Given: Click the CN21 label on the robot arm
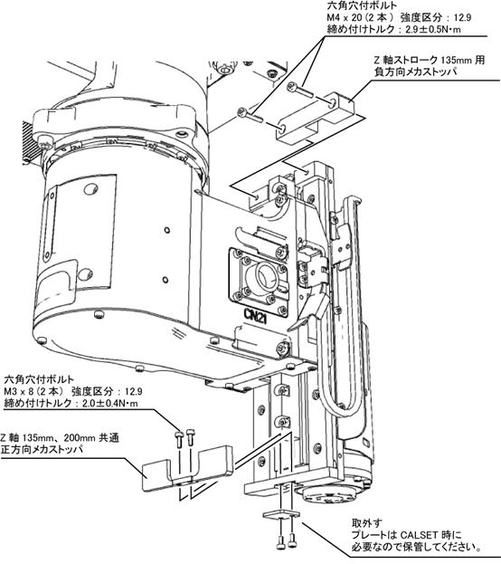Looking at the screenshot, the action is pos(256,315).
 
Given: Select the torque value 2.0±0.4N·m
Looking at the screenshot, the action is pos(110,403).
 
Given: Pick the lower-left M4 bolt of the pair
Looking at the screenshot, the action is pos(250,116).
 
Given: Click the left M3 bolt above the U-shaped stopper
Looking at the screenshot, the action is pos(179,438).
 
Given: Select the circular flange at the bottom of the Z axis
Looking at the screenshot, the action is pos(326,498).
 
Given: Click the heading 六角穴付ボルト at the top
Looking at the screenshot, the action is pos(362,5).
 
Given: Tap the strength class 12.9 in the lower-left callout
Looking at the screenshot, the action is pos(133,391).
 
